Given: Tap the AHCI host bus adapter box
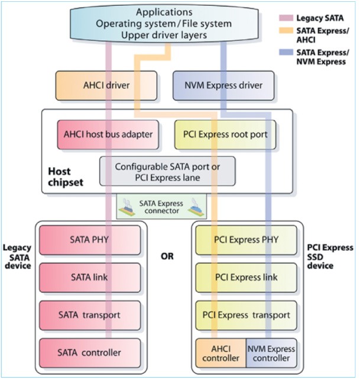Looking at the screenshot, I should click(108, 135).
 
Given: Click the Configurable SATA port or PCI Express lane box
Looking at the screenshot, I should click(167, 171).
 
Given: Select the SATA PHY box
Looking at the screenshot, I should click(89, 240).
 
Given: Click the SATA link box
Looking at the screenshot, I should click(89, 277).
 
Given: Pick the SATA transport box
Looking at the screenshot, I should click(89, 315).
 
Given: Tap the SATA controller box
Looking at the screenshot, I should click(89, 353).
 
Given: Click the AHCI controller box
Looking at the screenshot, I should click(220, 353).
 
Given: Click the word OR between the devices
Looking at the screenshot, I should click(168, 257).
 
